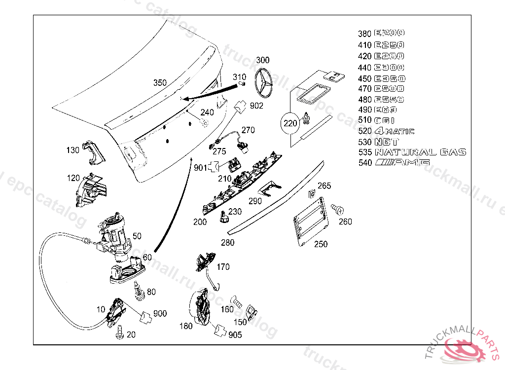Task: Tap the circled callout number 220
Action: click(291, 123)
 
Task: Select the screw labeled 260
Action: click(338, 210)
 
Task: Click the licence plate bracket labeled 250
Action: click(311, 221)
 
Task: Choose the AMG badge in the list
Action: click(402, 163)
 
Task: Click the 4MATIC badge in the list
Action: click(395, 131)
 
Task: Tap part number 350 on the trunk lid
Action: click(160, 83)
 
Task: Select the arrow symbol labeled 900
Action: click(145, 316)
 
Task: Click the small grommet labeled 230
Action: click(224, 215)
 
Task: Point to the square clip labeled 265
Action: click(311, 193)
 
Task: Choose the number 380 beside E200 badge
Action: click(364, 34)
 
